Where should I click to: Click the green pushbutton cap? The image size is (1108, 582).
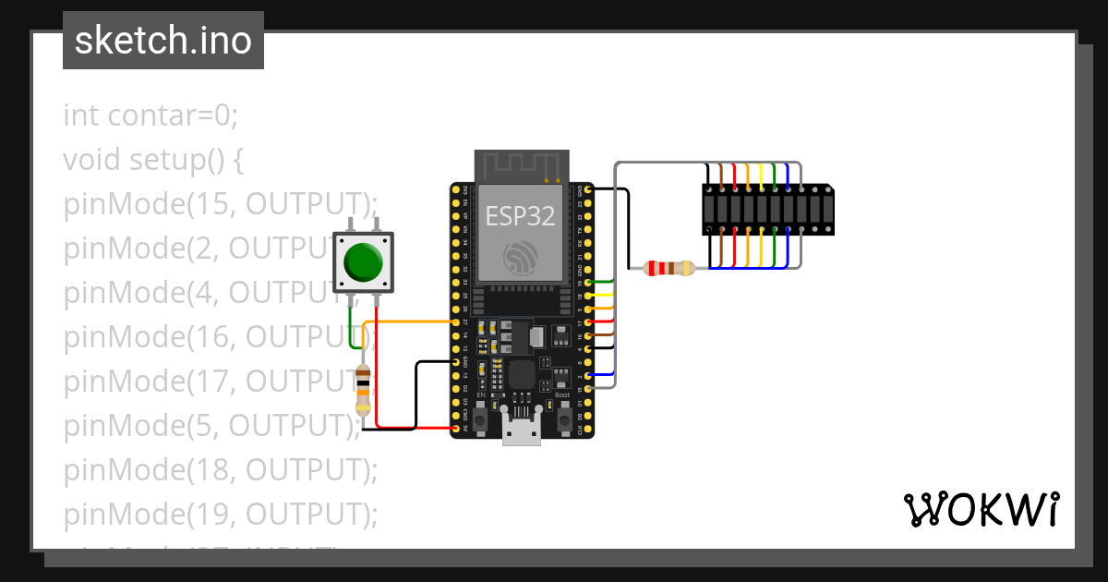point(363,262)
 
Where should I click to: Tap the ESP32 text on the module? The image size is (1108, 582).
point(522,215)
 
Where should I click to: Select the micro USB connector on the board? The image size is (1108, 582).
point(522,430)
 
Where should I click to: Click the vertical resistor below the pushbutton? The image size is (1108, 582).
point(363,388)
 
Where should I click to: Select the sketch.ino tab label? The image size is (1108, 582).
point(163,41)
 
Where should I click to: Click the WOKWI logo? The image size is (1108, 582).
point(981,509)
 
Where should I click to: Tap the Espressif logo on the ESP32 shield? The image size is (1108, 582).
point(522,258)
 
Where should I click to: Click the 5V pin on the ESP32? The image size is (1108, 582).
point(456,429)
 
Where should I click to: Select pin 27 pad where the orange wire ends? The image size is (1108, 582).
point(456,321)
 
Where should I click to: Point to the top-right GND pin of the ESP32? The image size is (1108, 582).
point(588,189)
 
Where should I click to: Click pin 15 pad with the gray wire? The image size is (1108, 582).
point(588,389)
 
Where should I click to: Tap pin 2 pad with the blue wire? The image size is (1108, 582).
point(588,375)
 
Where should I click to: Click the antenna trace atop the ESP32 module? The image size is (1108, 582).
point(521,166)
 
